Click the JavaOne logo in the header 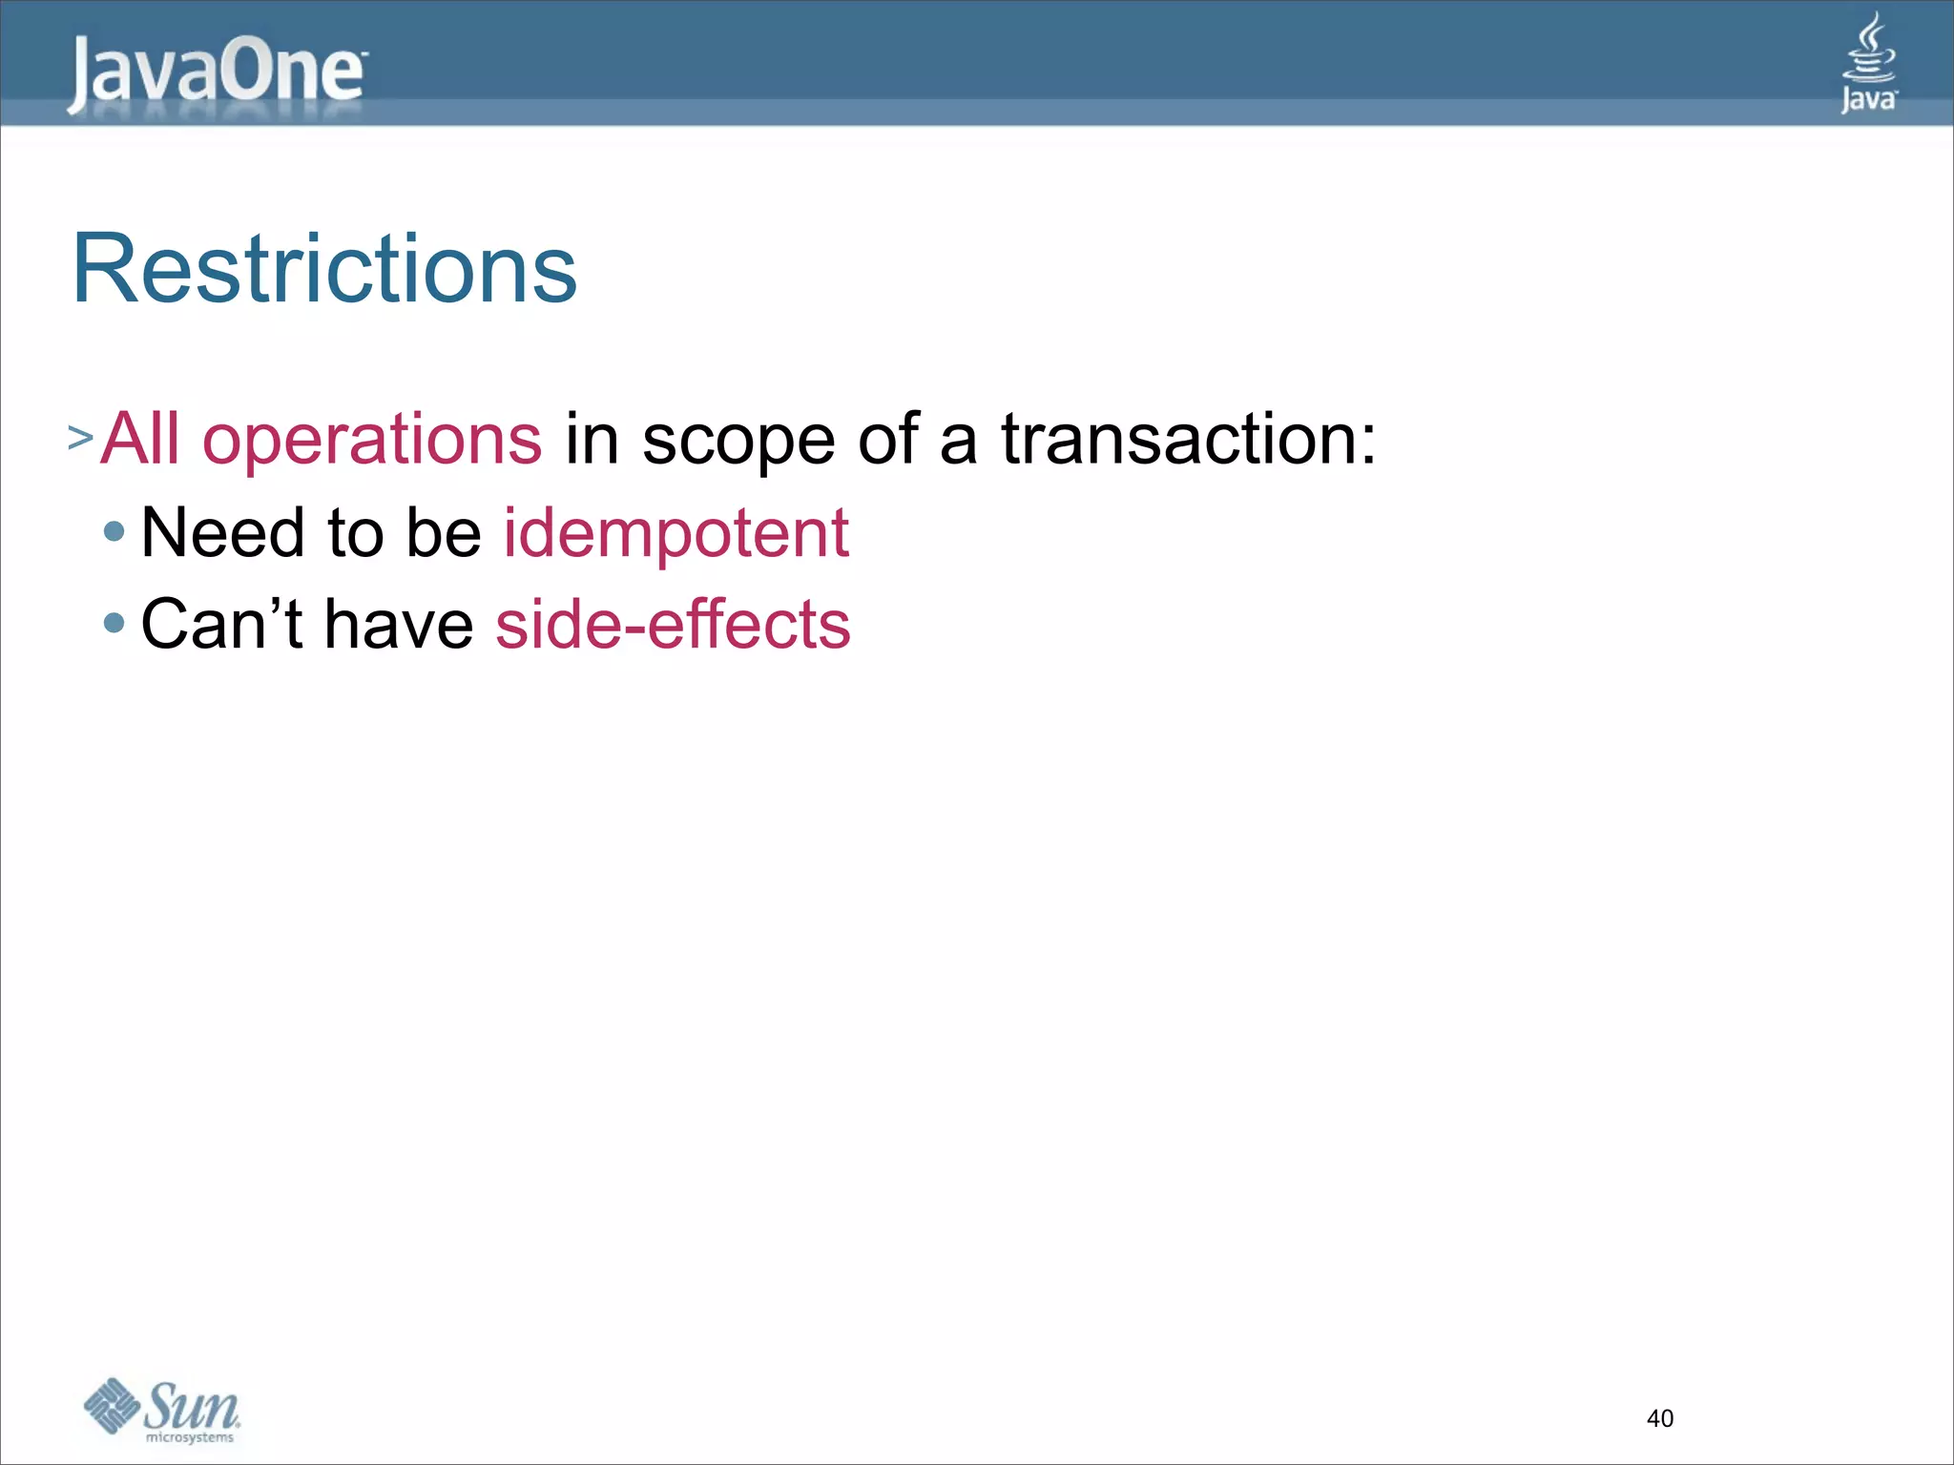[x=217, y=72]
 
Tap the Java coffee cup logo [x=1868, y=63]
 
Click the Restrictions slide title [x=324, y=269]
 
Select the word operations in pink [x=372, y=440]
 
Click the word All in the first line [x=140, y=440]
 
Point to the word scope [x=738, y=440]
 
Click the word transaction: [x=1188, y=440]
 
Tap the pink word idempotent [x=676, y=532]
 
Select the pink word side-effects [x=673, y=625]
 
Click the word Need [x=222, y=532]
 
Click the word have [x=399, y=625]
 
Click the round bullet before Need [x=114, y=531]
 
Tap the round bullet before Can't [x=114, y=624]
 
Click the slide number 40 [x=1659, y=1418]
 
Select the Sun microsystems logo [x=162, y=1410]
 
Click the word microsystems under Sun [x=189, y=1437]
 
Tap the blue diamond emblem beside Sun [x=112, y=1405]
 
